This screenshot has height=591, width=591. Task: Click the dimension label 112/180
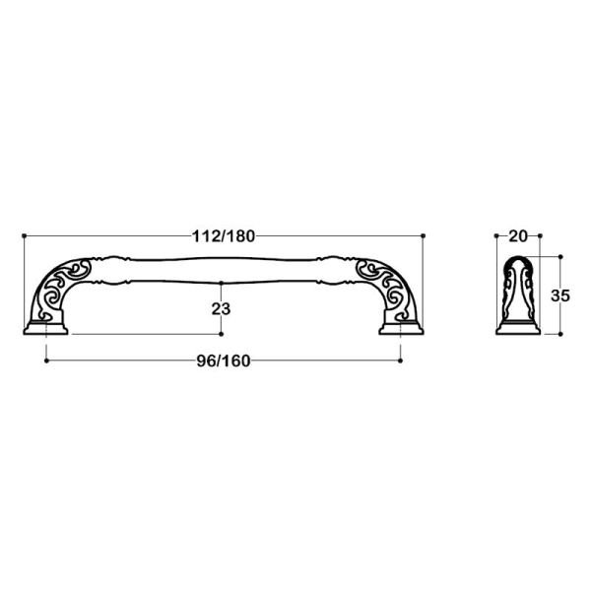(222, 235)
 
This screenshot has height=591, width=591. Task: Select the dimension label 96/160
(223, 360)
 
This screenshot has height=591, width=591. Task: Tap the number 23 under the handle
(221, 308)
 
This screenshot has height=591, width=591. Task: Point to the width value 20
(518, 235)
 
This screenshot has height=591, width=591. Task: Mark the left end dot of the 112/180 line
(23, 235)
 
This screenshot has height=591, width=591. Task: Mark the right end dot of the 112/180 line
(423, 235)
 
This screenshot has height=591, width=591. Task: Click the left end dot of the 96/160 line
(46, 361)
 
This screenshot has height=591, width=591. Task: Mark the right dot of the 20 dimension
(540, 235)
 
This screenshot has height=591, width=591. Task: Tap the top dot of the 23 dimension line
(221, 259)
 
